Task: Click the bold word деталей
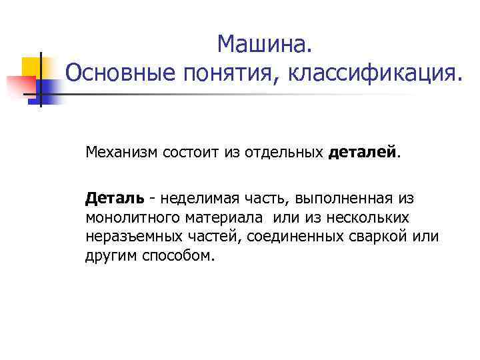click(x=362, y=153)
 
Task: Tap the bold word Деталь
click(x=114, y=199)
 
